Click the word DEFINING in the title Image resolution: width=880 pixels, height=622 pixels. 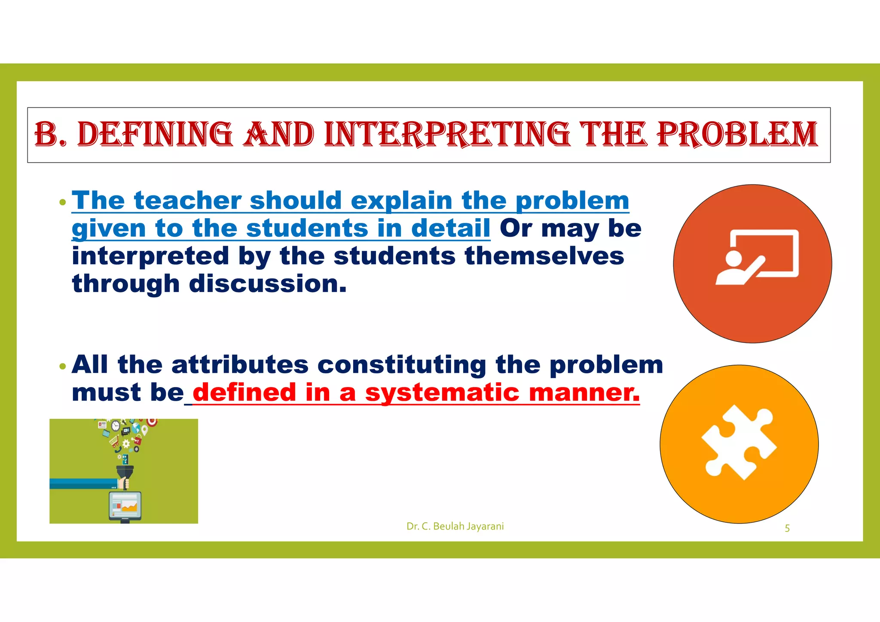(x=155, y=134)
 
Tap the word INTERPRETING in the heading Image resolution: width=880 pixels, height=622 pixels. (x=447, y=134)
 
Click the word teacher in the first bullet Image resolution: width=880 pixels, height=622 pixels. (x=188, y=201)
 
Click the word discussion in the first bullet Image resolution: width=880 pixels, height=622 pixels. (x=267, y=284)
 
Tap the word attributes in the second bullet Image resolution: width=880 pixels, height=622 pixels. (x=240, y=365)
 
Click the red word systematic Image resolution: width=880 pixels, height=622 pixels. (x=442, y=393)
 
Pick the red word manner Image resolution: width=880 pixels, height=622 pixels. (x=584, y=393)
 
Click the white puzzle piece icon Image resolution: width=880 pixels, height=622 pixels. (x=739, y=442)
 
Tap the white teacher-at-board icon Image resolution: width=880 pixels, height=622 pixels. (x=756, y=258)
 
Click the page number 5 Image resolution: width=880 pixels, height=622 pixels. (x=787, y=528)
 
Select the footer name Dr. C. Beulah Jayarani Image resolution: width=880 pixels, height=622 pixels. (x=455, y=526)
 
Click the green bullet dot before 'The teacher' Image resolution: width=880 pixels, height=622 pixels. (x=63, y=202)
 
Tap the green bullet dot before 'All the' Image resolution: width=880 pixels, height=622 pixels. (x=63, y=366)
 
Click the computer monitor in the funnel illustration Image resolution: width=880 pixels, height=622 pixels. (x=125, y=506)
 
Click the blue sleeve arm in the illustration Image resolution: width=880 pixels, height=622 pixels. (x=82, y=484)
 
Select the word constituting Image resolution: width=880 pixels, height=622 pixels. (x=402, y=365)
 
